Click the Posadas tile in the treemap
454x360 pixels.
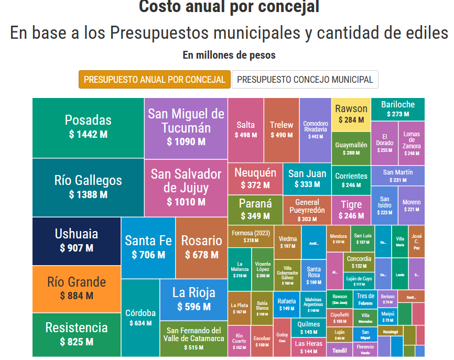88,127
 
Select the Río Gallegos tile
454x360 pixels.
88,187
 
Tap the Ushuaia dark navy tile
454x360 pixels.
77,241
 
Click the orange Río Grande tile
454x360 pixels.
77,289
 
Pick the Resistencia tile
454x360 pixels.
77,334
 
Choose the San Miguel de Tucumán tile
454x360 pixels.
186,127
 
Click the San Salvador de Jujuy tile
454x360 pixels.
186,187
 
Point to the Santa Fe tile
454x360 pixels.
148,247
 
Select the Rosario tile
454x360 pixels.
201,247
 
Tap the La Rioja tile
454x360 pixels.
193,299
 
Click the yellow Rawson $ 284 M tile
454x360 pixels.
351,114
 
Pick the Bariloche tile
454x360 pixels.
398,108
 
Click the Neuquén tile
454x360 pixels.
255,178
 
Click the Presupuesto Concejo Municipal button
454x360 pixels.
305,80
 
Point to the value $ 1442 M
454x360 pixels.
88,134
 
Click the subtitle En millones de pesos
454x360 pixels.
229,55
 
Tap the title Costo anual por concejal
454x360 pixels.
229,7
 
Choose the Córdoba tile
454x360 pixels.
140,318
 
